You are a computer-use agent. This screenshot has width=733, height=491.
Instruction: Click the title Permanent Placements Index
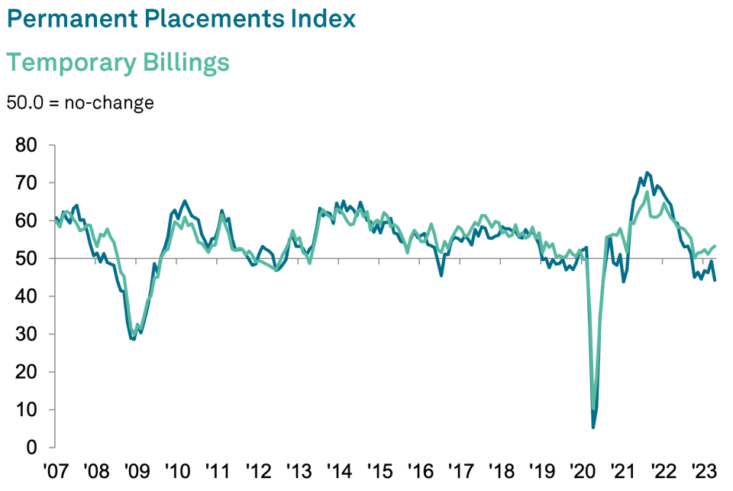click(181, 18)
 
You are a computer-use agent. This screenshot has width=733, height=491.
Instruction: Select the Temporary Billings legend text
click(118, 62)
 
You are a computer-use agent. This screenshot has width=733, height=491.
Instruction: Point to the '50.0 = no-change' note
click(80, 102)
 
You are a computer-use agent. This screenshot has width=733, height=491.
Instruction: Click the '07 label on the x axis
click(56, 468)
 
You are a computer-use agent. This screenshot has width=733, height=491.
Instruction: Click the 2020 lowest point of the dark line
click(593, 427)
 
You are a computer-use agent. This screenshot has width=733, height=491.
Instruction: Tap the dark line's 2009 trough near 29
click(133, 338)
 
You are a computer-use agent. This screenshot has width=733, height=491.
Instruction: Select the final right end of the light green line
click(715, 246)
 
